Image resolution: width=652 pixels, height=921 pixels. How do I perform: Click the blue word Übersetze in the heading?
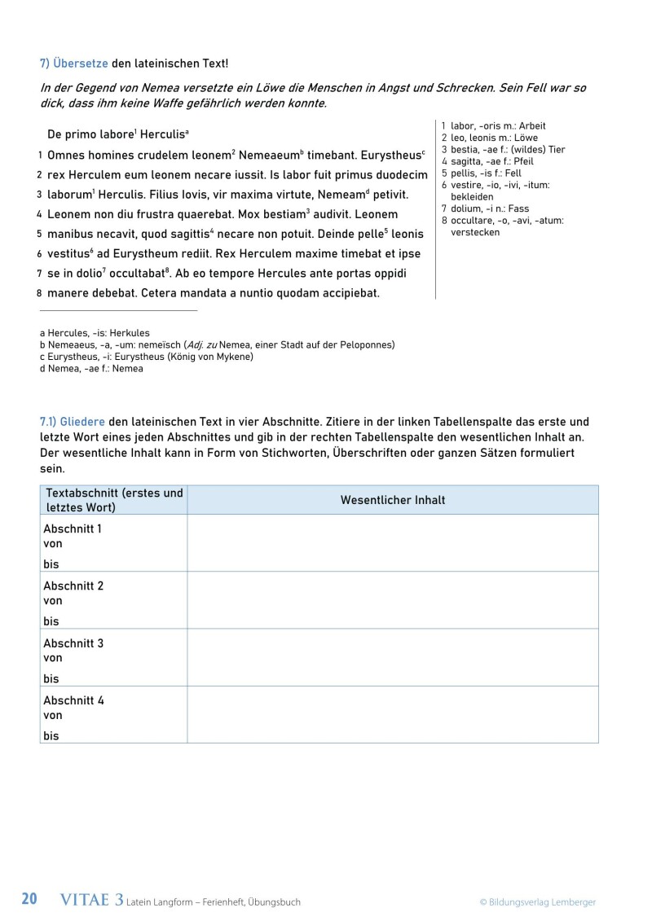(81, 63)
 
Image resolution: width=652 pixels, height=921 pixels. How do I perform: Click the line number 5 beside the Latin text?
(39, 234)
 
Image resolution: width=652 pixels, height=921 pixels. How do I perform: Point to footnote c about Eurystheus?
(147, 357)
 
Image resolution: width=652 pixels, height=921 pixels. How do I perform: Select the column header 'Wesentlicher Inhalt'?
(392, 500)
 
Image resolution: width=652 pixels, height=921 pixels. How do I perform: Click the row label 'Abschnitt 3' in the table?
(73, 643)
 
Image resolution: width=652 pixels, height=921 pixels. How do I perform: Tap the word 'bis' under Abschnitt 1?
(51, 564)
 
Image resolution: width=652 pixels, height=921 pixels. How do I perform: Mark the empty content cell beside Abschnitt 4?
(392, 714)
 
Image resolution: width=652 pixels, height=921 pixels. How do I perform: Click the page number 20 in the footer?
(29, 900)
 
